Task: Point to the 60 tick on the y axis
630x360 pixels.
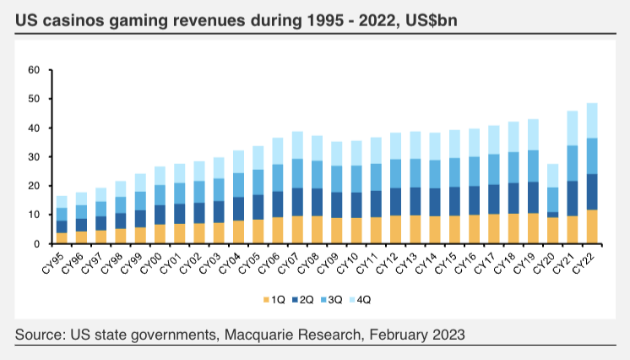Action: pos(34,70)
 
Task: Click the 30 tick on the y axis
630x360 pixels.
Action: pos(34,157)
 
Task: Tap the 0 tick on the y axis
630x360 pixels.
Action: pos(37,243)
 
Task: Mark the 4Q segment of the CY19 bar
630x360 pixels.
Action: pos(533,134)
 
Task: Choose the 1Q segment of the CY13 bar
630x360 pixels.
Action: pos(415,229)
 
